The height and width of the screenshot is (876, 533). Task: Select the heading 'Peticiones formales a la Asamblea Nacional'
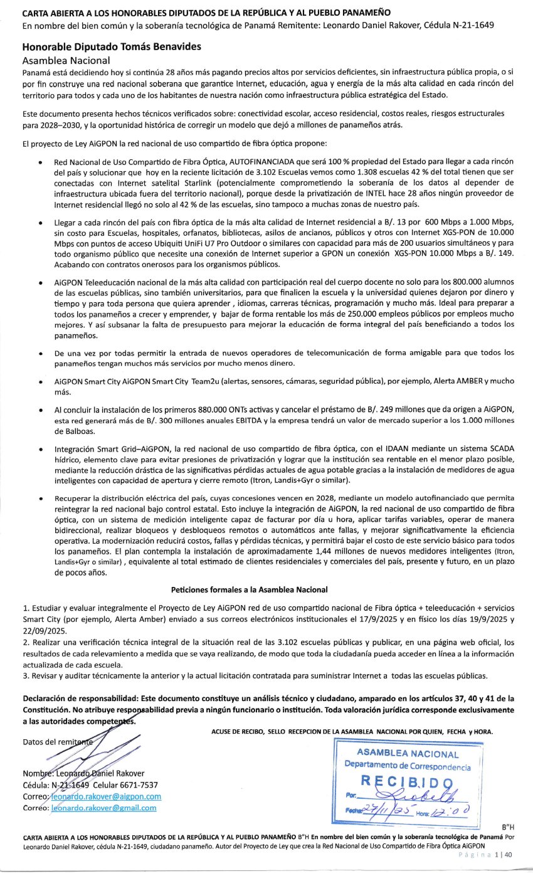tap(249, 589)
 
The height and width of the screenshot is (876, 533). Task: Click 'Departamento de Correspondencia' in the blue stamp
tap(407, 766)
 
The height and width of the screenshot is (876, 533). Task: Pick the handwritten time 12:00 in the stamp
tap(451, 813)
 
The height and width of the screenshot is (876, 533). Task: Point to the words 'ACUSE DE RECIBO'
tap(234, 731)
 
